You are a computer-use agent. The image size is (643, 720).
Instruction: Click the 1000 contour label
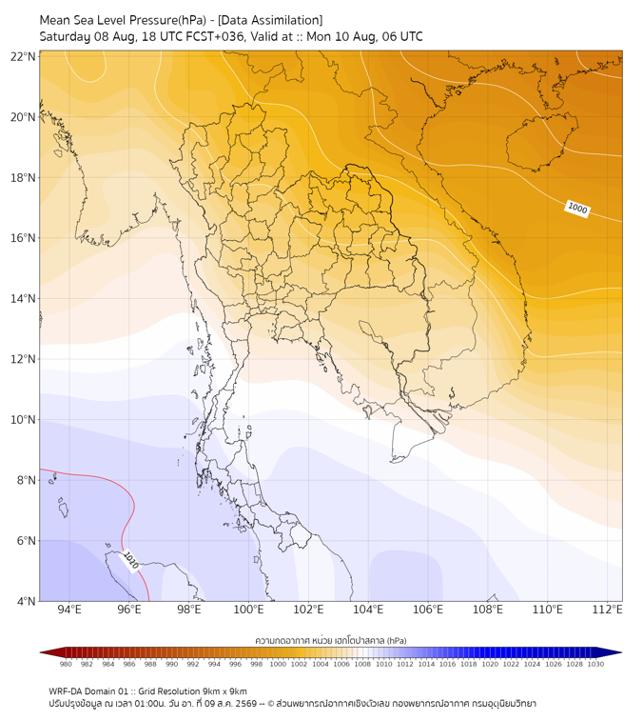pos(577,209)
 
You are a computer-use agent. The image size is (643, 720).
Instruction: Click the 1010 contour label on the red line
pos(131,561)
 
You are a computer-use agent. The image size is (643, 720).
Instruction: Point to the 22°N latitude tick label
pos(23,56)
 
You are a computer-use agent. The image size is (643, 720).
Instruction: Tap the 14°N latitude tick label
pos(23,298)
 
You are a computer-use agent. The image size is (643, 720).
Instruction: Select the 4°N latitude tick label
pos(26,601)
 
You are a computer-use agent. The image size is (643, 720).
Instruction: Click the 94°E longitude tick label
pos(69,610)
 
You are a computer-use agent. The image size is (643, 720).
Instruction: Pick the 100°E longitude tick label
pos(248,610)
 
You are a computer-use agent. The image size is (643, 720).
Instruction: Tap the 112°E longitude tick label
pos(607,610)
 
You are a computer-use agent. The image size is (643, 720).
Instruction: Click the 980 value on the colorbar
pos(66,664)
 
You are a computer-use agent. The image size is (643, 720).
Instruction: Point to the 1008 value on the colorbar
pos(362,664)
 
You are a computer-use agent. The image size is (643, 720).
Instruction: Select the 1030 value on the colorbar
pos(595,664)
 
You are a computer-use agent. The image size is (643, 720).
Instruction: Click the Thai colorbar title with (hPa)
pos(331,640)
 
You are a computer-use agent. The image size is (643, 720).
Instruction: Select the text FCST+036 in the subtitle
pos(215,37)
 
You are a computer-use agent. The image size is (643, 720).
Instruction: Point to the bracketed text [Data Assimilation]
pos(270,20)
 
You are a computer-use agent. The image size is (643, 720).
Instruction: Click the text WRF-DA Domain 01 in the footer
pos(88,691)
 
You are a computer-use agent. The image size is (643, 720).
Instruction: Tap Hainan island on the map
pos(541,142)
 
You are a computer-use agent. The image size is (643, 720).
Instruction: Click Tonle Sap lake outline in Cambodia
pos(373,332)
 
